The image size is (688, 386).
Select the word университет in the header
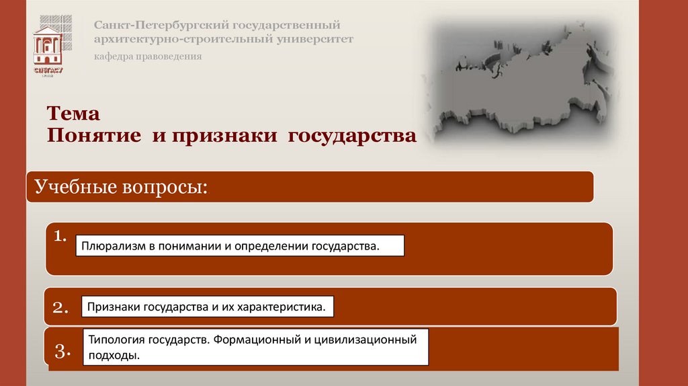[314, 39]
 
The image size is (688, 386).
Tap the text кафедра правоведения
[148, 56]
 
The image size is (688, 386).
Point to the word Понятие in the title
[93, 135]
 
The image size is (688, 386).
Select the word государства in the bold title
[353, 135]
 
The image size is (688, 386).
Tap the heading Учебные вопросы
[121, 186]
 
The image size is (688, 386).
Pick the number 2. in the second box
[61, 308]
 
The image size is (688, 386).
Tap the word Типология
[114, 340]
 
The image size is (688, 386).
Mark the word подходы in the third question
[114, 356]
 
